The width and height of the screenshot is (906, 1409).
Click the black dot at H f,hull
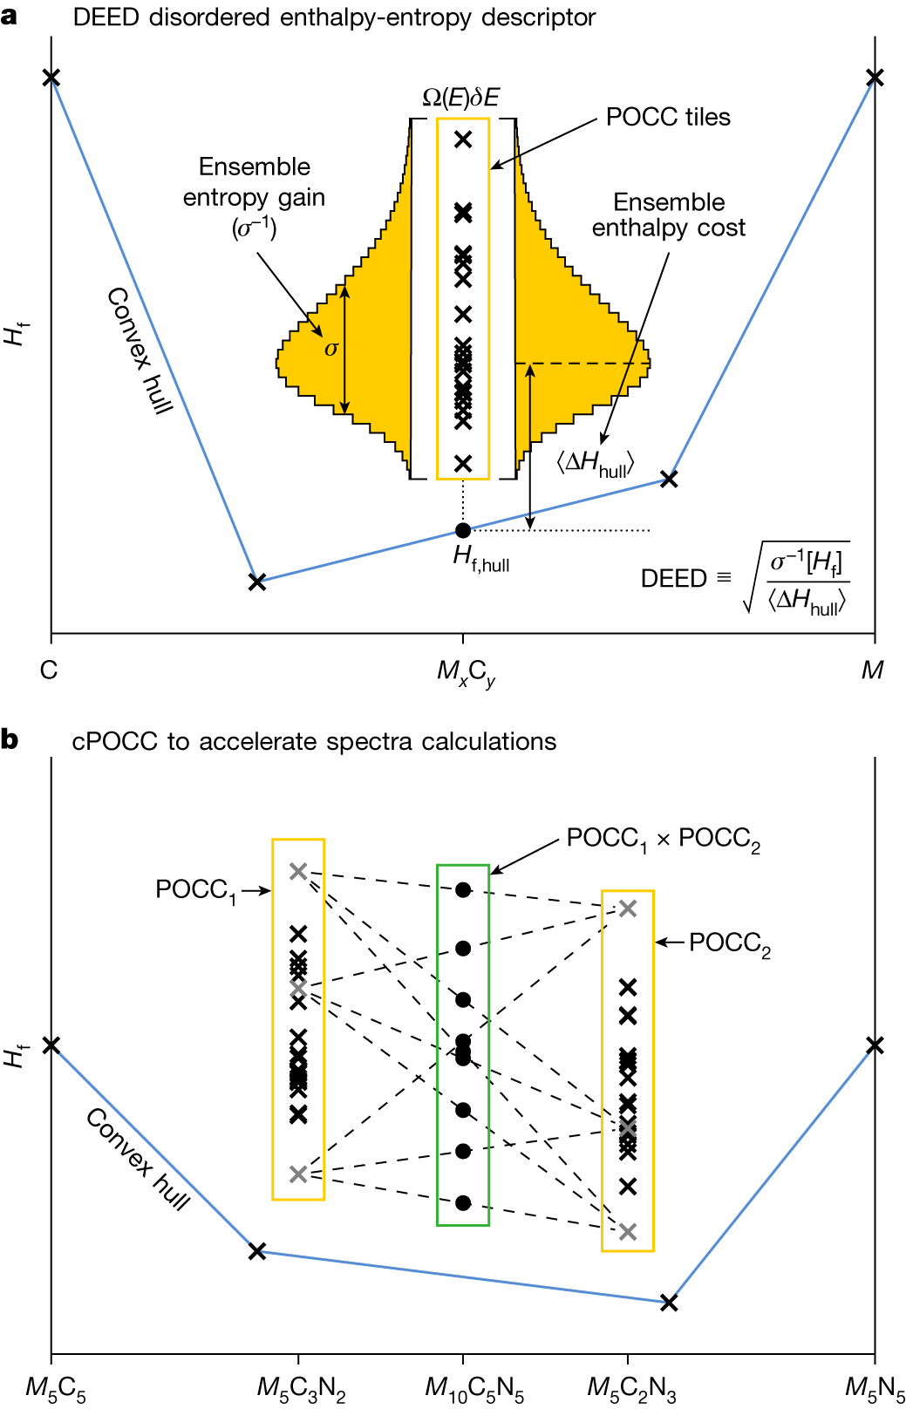pos(463,530)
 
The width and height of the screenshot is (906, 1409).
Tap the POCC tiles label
pos(668,117)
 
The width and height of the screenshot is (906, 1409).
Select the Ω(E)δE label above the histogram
pos(461,98)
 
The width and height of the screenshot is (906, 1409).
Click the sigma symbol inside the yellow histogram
pos(331,348)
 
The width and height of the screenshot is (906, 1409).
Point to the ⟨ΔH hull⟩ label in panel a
pos(595,464)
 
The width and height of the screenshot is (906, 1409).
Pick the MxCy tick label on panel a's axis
pos(467,673)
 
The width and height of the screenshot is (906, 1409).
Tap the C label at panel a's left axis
pos(49,670)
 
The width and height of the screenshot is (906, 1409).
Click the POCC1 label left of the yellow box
pos(195,890)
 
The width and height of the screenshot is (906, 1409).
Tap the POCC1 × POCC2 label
pos(663,839)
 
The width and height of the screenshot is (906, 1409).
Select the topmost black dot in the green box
pos(463,890)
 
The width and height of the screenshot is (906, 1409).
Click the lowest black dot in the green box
pos(463,1202)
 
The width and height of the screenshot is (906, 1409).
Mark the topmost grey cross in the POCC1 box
pos(298,871)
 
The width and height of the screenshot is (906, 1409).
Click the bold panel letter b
pos(10,739)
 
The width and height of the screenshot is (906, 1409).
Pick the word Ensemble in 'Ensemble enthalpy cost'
pos(669,202)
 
